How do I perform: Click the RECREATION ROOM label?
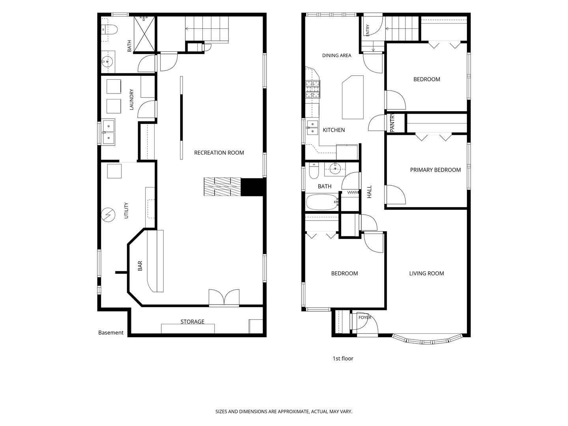(x=219, y=153)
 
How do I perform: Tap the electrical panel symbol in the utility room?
(x=108, y=215)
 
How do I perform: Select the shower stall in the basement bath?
(x=144, y=34)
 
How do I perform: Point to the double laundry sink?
(x=108, y=132)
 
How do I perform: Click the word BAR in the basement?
(x=140, y=265)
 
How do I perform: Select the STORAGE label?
(x=192, y=321)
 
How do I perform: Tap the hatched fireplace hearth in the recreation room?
(x=222, y=187)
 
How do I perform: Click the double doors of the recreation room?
(x=224, y=297)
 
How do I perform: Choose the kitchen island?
(x=353, y=97)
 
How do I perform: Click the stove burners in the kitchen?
(x=313, y=90)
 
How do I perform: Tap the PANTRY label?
(x=392, y=123)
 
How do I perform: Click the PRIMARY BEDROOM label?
(x=435, y=170)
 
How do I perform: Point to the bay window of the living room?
(x=427, y=339)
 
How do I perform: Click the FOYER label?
(x=365, y=318)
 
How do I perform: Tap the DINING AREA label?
(x=337, y=55)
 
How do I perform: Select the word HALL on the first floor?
(x=369, y=192)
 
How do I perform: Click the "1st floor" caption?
(x=343, y=359)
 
